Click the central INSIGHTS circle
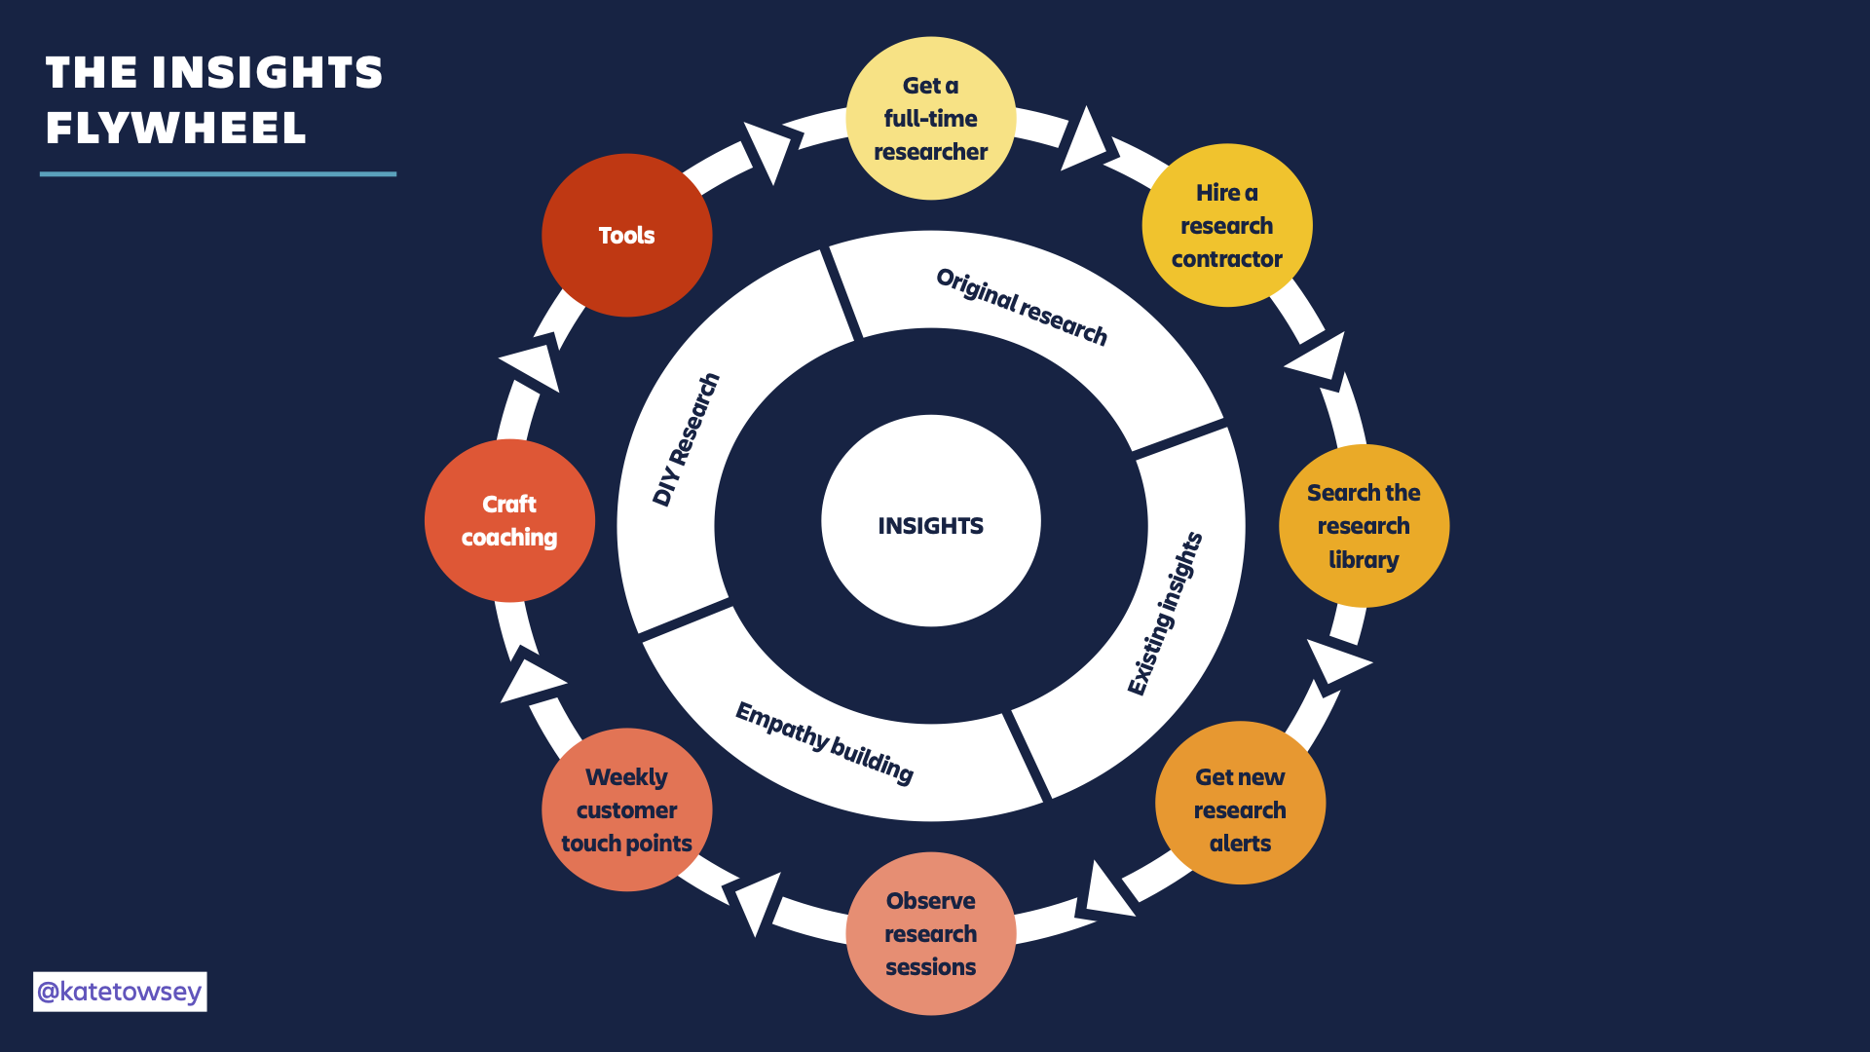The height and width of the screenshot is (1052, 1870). click(x=930, y=522)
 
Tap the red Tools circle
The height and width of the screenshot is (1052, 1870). click(x=626, y=235)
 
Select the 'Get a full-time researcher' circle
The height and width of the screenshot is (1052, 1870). click(x=930, y=119)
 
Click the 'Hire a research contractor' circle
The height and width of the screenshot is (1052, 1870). click(x=1226, y=225)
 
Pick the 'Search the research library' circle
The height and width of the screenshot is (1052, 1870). click(x=1364, y=526)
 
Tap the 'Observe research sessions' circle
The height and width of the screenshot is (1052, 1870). click(x=930, y=933)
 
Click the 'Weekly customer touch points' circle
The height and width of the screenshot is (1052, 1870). click(x=626, y=809)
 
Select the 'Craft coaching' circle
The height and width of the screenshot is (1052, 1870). click(x=509, y=520)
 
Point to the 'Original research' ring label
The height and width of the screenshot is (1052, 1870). click(x=1022, y=306)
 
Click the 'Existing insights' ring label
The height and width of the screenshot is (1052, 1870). click(x=1165, y=614)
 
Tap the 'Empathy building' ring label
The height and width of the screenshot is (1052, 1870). click(x=824, y=742)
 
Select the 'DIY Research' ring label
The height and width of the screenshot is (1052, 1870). click(x=686, y=439)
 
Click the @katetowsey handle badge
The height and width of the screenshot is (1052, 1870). click(x=120, y=992)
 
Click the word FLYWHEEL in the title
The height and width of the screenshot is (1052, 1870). click(x=176, y=129)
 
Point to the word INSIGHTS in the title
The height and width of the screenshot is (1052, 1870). click(x=267, y=73)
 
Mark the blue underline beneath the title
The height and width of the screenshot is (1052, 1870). click(x=218, y=174)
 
